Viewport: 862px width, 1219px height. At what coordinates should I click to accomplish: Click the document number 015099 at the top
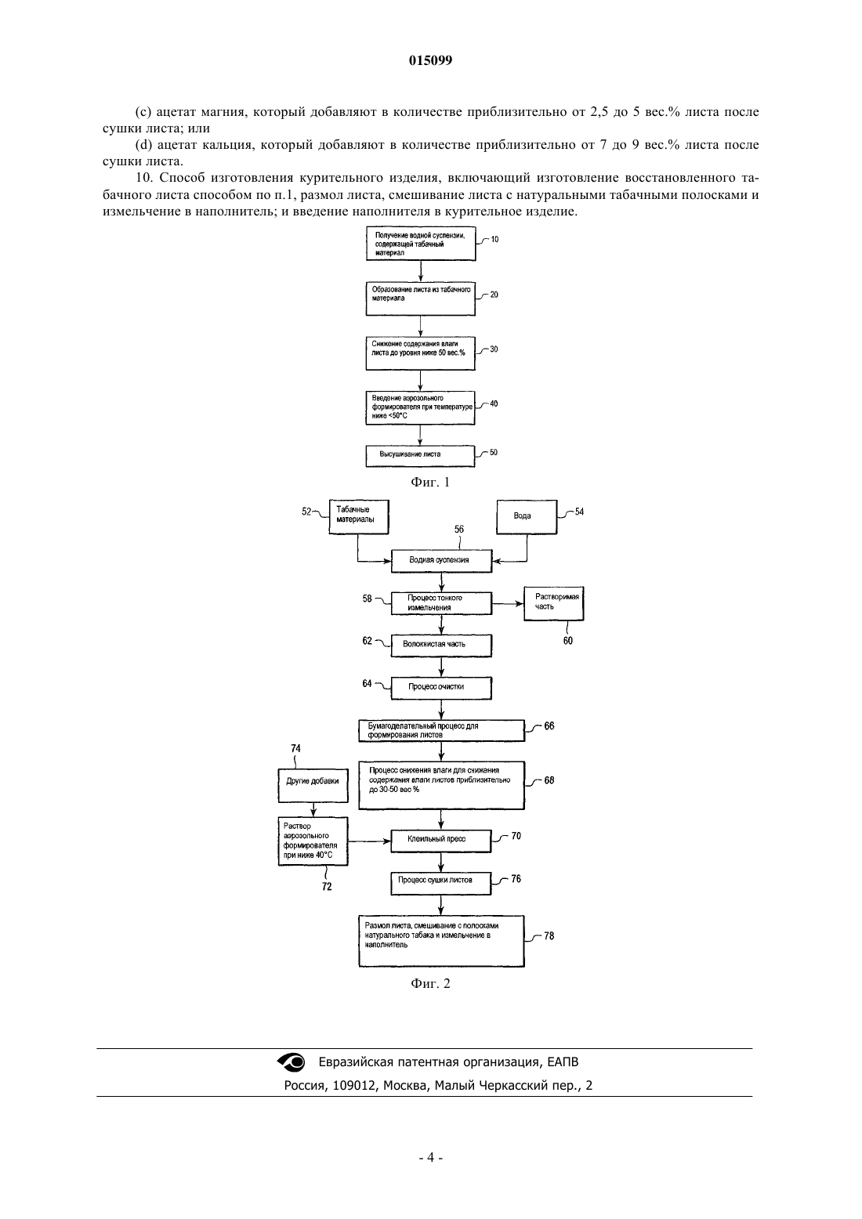coord(430,60)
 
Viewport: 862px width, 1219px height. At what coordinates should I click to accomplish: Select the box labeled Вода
coord(527,517)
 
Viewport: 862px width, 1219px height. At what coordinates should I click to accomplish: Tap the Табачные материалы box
coord(359,517)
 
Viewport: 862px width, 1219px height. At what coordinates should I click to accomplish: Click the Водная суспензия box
coord(441,560)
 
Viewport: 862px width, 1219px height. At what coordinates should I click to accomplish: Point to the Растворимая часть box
coord(553,603)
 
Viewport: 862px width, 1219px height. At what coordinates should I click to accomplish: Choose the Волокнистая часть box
coord(441,646)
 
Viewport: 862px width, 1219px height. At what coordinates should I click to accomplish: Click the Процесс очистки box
coord(441,689)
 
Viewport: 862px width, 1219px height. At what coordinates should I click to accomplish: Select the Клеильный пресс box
coord(440,841)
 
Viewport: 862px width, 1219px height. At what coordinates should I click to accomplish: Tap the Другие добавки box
coord(313,785)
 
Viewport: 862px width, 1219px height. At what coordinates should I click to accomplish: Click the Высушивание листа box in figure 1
coord(420,456)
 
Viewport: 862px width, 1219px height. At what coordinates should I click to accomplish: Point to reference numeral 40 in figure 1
coord(494,403)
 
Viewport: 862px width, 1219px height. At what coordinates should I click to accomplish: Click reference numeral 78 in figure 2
coord(549,936)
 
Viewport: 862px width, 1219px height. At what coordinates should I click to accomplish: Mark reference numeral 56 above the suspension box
coord(458,529)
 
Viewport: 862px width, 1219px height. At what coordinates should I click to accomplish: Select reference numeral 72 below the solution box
coord(327,887)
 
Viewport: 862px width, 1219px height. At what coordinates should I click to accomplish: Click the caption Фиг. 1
coord(430,482)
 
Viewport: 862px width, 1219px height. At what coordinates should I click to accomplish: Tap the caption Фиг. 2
coord(430,983)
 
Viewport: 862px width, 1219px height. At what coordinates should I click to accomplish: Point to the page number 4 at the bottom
coord(430,1158)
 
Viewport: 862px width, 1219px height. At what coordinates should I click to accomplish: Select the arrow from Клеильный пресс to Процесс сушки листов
coord(440,863)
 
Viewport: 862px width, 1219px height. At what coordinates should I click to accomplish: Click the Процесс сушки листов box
coord(440,884)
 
